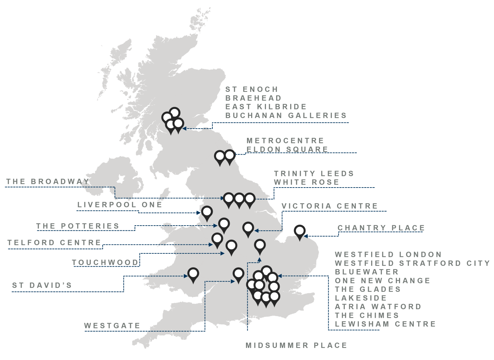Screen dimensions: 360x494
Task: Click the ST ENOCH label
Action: tap(251, 89)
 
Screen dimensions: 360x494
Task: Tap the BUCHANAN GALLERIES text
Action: tap(286, 116)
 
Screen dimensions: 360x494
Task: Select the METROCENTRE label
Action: tap(285, 141)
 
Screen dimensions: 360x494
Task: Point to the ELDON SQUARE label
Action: tap(287, 149)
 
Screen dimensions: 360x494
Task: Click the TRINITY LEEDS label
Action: tap(314, 174)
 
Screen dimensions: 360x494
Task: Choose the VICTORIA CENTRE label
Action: tap(329, 206)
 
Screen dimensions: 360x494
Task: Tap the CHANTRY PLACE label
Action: tap(381, 228)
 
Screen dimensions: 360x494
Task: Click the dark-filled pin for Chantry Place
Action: tap(300, 231)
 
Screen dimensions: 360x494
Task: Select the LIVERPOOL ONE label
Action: tap(119, 205)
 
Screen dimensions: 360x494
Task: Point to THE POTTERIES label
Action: tap(78, 226)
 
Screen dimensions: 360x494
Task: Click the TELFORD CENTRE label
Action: tap(54, 243)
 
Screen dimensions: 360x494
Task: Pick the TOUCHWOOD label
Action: tap(105, 263)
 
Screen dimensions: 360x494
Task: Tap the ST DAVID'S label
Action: tap(42, 285)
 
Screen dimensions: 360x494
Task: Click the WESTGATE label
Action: tap(112, 326)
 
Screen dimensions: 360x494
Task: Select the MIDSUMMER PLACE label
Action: tap(296, 345)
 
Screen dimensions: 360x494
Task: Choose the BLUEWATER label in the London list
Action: tap(366, 272)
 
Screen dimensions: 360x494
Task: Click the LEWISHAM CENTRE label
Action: tap(385, 324)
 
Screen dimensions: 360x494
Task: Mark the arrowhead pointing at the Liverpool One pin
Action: tap(199, 213)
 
